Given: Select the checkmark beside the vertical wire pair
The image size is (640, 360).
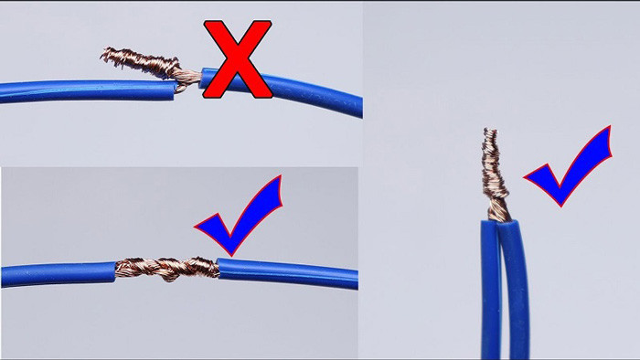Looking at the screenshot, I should click(567, 167).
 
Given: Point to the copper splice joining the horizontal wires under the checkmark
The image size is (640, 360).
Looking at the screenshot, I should click(166, 268).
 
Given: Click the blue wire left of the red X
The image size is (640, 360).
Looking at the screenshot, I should click(82, 90).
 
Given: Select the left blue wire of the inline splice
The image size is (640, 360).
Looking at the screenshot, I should click(55, 273).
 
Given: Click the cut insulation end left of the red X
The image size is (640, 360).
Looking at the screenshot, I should click(173, 89).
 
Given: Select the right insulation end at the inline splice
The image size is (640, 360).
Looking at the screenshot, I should click(220, 266).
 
